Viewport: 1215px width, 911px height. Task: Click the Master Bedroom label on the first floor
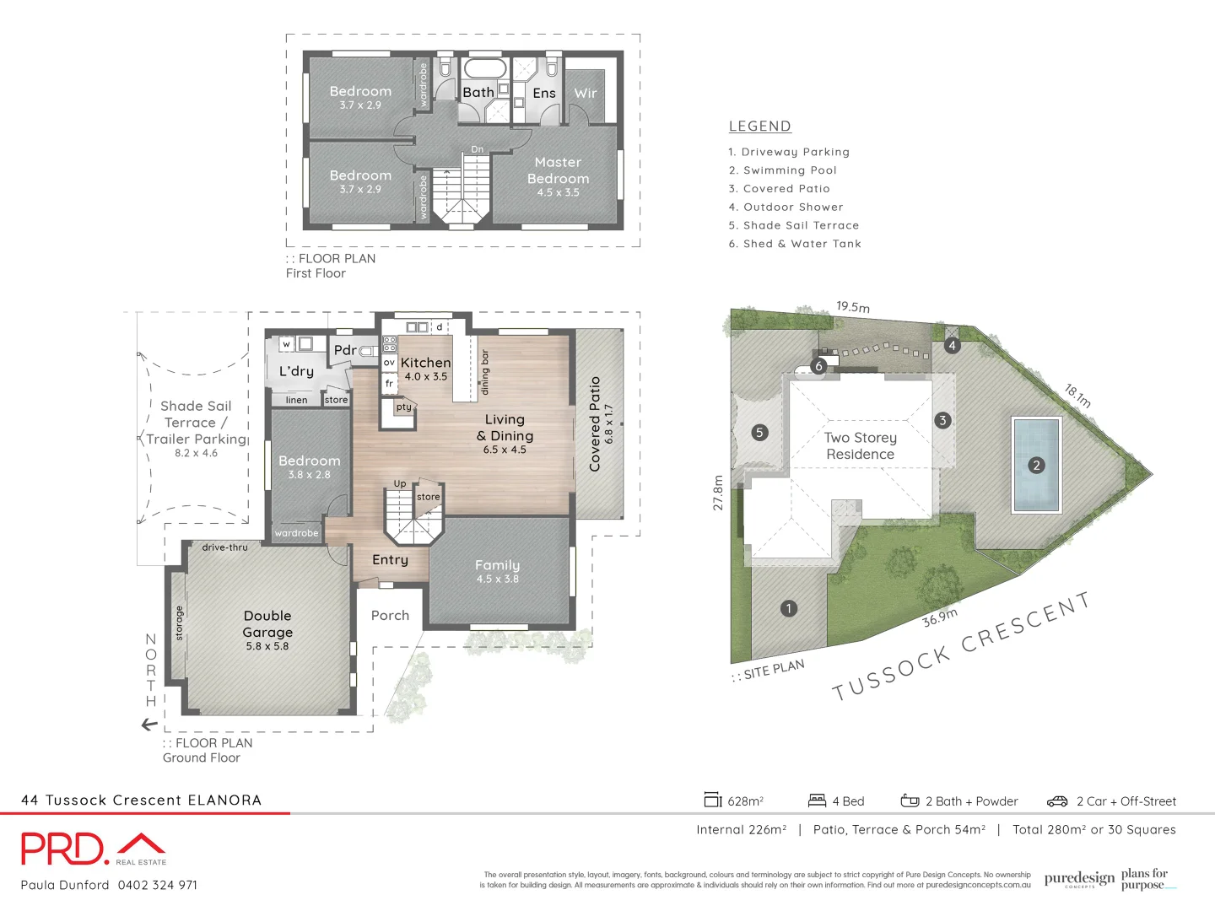tap(558, 171)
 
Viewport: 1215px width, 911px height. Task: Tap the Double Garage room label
tap(267, 624)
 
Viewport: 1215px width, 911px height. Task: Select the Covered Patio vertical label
tap(595, 423)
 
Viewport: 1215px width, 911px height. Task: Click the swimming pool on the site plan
tap(1036, 465)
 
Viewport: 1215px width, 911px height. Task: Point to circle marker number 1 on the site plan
tap(789, 608)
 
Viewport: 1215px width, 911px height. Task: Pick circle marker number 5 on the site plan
tap(759, 433)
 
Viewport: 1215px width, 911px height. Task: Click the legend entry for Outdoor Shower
tap(786, 208)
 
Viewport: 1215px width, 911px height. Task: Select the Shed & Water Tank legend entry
tap(795, 244)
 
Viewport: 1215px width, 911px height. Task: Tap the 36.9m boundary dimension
tap(939, 617)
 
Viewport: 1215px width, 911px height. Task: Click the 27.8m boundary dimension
tap(718, 493)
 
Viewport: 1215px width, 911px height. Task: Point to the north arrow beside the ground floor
tap(149, 725)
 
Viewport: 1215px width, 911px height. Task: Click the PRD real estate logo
tap(93, 849)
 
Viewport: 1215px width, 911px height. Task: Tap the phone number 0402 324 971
tap(158, 885)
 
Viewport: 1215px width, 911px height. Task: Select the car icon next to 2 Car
tap(1057, 801)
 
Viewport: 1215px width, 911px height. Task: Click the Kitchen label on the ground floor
tap(425, 363)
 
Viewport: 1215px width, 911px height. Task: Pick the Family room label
tap(497, 565)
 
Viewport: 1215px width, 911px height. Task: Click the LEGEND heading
tap(759, 127)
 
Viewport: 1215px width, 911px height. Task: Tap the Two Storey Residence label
tap(860, 445)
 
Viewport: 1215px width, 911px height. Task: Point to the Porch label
tap(390, 616)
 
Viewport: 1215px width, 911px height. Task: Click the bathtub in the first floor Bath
tap(484, 68)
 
